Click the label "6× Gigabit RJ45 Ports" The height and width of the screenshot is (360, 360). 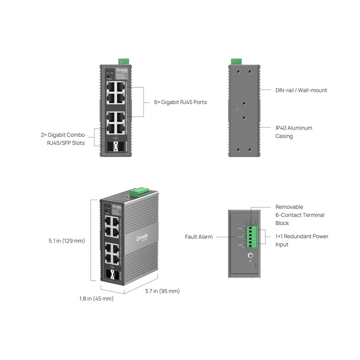[x=180, y=102]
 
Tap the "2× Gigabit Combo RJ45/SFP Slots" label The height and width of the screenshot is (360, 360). [x=63, y=139]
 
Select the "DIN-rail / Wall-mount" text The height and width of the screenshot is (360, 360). [x=301, y=90]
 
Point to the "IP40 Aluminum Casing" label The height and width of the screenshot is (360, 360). [x=293, y=132]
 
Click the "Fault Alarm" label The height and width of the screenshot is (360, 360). [x=199, y=236]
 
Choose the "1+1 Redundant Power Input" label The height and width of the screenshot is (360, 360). [x=301, y=240]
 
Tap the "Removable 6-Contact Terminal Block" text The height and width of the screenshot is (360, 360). [x=299, y=215]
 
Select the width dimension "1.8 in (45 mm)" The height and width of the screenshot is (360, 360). [x=96, y=299]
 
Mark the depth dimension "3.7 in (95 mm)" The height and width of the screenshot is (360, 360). [x=162, y=291]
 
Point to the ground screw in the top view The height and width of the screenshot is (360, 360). [x=251, y=256]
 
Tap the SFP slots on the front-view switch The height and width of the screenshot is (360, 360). [x=115, y=147]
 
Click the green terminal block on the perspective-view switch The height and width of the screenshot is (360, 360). [x=140, y=192]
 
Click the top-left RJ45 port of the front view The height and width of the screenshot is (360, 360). [x=110, y=86]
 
